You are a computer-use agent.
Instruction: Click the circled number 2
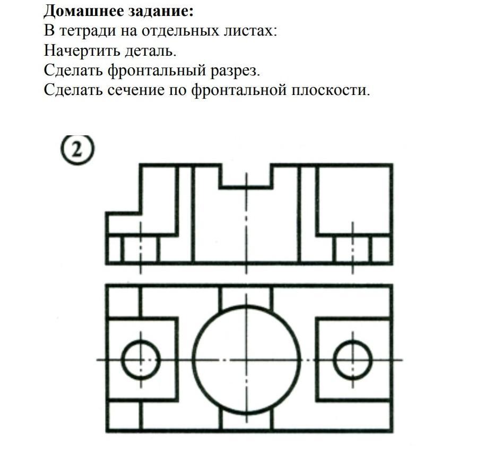(77, 150)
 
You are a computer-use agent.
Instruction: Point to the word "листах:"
(250, 31)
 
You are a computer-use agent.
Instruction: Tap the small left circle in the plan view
(141, 359)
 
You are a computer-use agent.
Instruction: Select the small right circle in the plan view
(353, 359)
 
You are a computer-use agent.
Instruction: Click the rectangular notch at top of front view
(246, 175)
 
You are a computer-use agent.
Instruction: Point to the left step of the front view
(123, 223)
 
